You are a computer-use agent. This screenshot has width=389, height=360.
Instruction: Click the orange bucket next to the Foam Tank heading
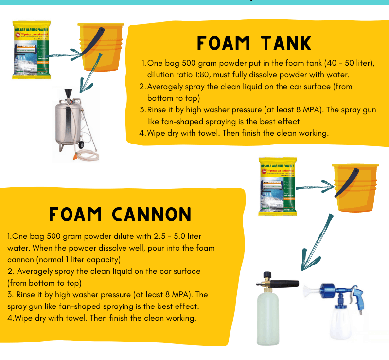100,46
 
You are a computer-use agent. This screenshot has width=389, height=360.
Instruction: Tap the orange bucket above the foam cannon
354,187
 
